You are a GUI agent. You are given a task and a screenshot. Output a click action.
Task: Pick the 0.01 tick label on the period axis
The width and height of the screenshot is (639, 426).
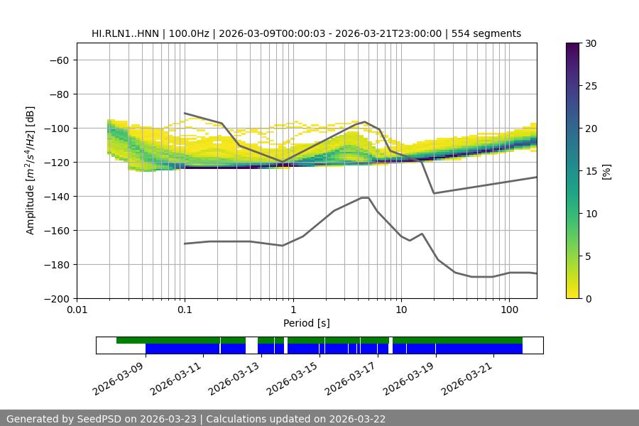[77, 310]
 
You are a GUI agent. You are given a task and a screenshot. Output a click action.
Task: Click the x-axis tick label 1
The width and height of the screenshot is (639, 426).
[293, 310]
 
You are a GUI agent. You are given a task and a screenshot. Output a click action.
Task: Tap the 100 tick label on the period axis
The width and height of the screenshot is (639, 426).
[509, 310]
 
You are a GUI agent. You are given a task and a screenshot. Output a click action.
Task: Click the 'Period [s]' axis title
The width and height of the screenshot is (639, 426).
[307, 323]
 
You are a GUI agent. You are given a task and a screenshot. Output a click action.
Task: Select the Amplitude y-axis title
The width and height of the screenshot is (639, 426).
[31, 170]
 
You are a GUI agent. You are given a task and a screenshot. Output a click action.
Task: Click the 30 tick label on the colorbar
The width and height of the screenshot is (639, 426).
[590, 43]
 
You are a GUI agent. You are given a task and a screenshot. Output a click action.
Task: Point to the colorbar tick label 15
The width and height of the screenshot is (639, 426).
[590, 171]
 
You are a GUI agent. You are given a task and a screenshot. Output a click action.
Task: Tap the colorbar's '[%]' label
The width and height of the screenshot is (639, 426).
[606, 171]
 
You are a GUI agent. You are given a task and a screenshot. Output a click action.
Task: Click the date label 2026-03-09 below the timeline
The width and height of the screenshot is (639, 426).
[119, 376]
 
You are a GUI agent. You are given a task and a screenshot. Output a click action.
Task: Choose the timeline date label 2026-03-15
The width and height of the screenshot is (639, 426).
[293, 376]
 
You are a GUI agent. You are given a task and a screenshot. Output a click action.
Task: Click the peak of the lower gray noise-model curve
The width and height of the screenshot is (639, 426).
[365, 197]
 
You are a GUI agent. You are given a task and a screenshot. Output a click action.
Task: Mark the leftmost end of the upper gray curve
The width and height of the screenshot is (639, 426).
[185, 113]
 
